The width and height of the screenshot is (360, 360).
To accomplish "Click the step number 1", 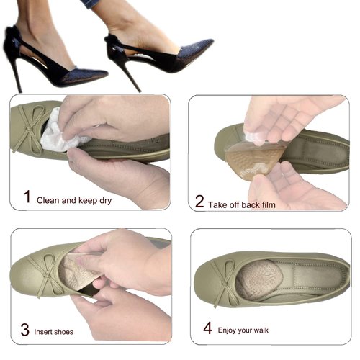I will click(27, 197).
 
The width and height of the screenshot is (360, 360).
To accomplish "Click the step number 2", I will click(199, 202).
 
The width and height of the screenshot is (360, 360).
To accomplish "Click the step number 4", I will click(207, 328).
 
